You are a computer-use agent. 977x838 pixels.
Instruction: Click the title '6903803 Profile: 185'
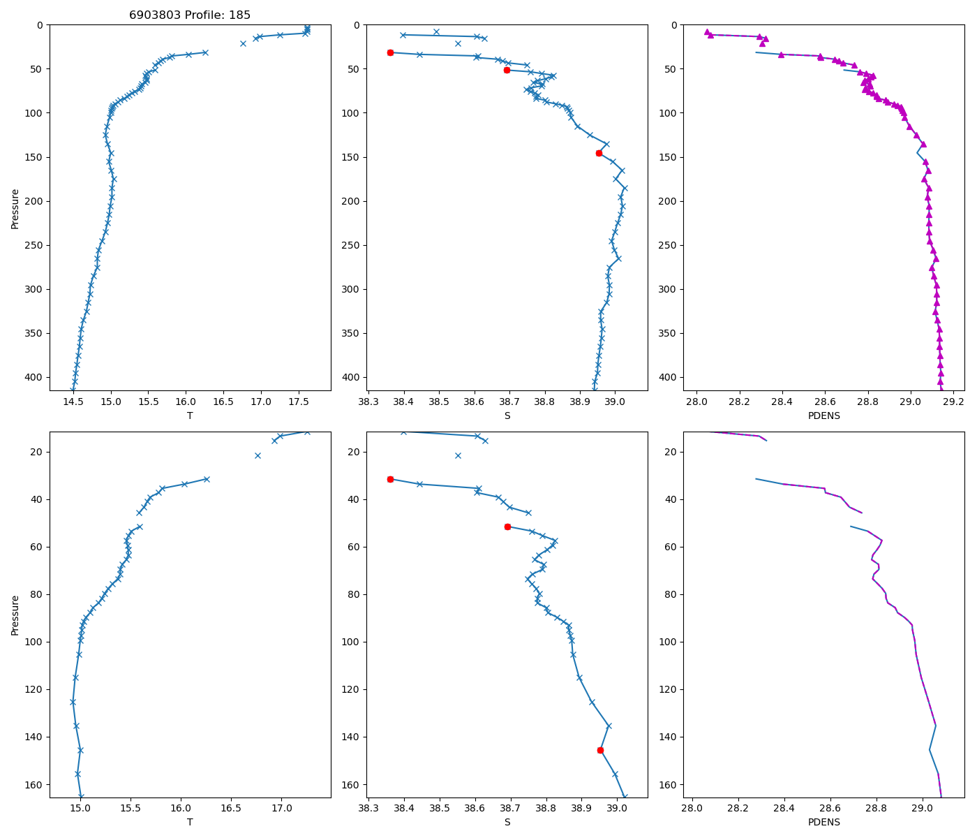190,15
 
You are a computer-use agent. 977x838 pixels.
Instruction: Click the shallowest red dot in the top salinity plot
390,52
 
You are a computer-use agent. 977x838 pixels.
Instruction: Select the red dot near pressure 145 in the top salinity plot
599,153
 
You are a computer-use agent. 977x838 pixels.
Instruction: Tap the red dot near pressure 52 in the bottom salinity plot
507,527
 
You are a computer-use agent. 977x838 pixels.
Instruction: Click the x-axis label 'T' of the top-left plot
190,416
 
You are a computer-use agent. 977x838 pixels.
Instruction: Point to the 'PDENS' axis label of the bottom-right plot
823,822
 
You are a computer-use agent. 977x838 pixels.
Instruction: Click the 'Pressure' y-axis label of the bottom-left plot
15,615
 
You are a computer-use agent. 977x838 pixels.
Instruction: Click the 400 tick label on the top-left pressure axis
35,377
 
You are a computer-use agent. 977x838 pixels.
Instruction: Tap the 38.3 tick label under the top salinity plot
368,402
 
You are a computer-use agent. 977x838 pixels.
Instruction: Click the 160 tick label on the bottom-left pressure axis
35,784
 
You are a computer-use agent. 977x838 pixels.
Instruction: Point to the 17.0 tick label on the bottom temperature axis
281,809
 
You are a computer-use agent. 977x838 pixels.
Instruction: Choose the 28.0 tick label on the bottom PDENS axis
692,809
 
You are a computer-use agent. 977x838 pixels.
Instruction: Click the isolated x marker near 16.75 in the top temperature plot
244,43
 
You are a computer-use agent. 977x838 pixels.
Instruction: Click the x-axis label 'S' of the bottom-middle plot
507,822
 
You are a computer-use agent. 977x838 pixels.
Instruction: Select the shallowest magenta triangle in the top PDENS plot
707,32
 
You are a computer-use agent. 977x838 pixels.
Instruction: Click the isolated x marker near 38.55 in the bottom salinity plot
458,455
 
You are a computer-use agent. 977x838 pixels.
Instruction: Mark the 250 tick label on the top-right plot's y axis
671,245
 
